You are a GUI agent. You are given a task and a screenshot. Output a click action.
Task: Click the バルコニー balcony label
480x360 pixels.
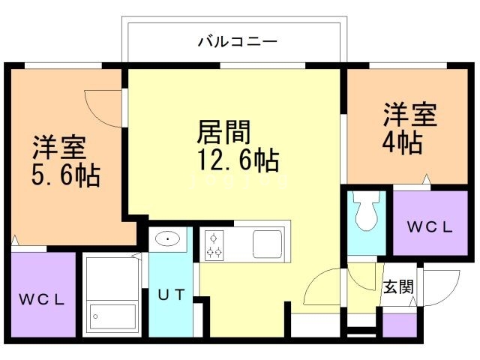point(238,40)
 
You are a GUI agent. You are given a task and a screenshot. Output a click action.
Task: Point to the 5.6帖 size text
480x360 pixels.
point(66,175)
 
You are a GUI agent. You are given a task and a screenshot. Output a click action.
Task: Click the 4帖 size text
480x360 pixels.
point(403,142)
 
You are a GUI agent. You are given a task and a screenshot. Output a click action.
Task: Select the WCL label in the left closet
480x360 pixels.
point(42,299)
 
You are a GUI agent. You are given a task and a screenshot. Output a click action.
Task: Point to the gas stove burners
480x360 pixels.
point(214,244)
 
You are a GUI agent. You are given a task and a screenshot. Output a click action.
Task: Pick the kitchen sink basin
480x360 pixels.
point(266,244)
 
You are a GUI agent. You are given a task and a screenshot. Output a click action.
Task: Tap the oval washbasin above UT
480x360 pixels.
point(169,240)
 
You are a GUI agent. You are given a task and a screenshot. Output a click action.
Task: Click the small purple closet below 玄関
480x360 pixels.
point(399,323)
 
